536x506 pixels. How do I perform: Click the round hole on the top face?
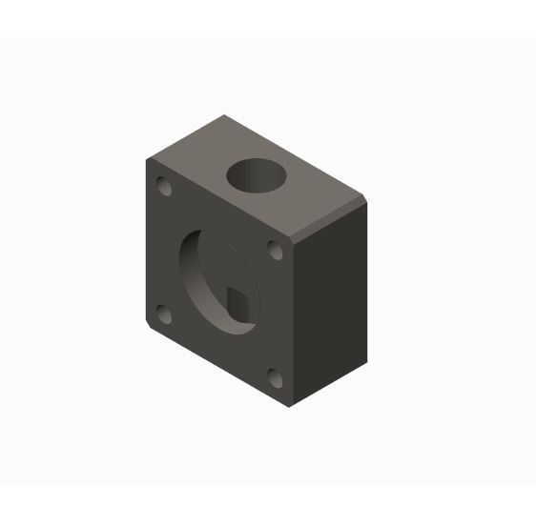pyautogui.click(x=256, y=175)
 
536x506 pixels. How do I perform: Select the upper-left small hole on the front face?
pyautogui.click(x=165, y=186)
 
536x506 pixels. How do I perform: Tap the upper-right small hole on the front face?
pyautogui.click(x=275, y=251)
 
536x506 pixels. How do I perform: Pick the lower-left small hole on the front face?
pyautogui.click(x=163, y=314)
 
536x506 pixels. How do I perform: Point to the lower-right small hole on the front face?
pyautogui.click(x=276, y=378)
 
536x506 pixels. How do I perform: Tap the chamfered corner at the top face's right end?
pyautogui.click(x=362, y=200)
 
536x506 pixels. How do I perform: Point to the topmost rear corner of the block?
pyautogui.click(x=224, y=115)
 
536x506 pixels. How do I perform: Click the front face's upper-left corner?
pyautogui.click(x=147, y=159)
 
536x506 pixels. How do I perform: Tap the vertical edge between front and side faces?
pyautogui.click(x=290, y=324)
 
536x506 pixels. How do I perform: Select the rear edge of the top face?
pyautogui.click(x=296, y=157)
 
